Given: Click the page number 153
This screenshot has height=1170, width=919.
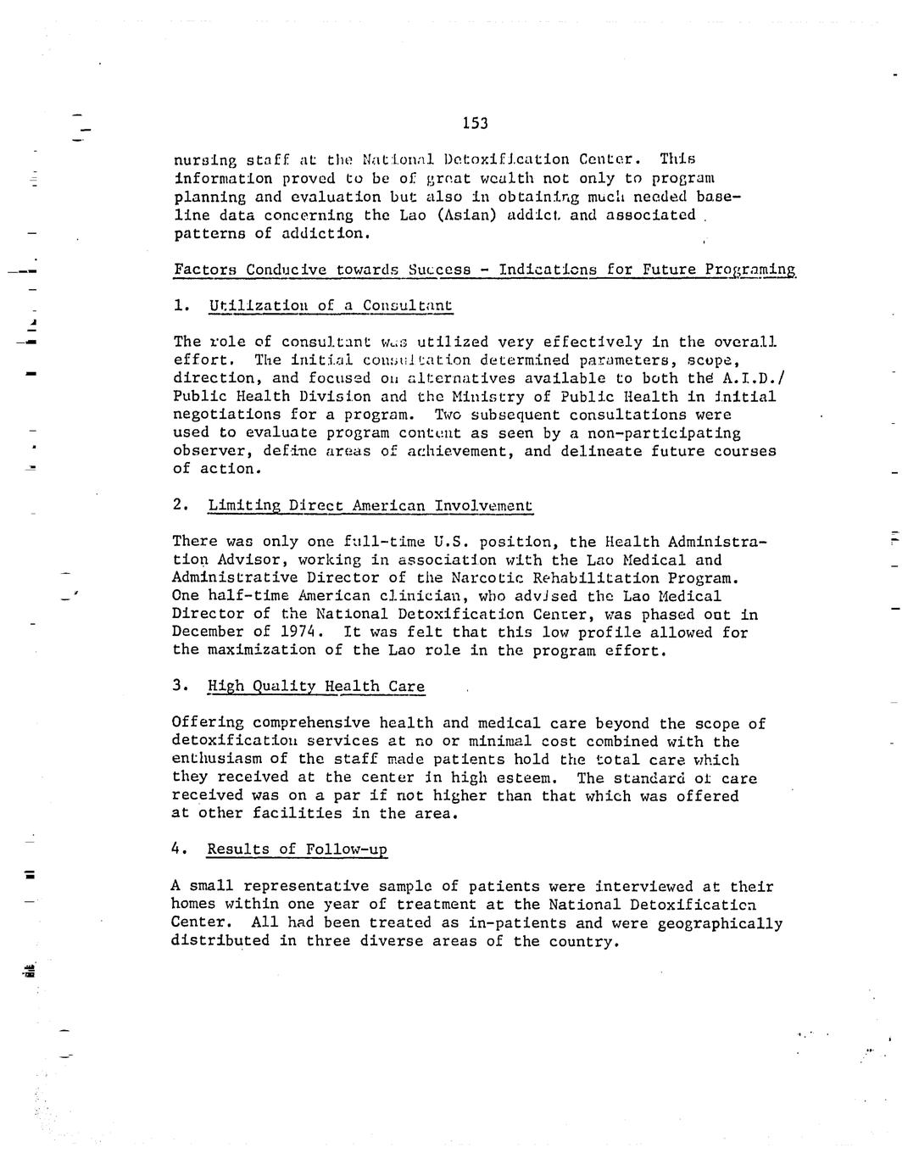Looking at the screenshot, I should [476, 124].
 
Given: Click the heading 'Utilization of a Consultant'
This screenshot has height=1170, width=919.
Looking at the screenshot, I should [330, 305].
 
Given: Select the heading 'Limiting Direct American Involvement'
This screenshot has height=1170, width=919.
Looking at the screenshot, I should [370, 505].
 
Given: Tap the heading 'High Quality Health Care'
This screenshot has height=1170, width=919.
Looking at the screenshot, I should [315, 686].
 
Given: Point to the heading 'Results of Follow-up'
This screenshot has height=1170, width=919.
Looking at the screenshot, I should [297, 849].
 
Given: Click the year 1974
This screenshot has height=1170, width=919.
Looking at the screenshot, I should [298, 632].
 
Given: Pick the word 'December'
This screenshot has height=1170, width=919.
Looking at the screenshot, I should [208, 632].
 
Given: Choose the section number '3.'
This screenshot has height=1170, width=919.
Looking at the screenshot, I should [180, 685].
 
